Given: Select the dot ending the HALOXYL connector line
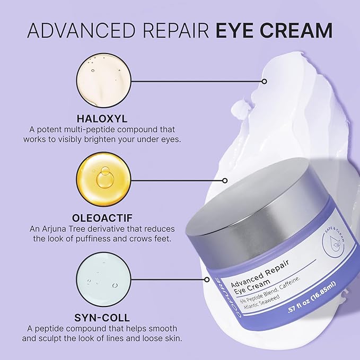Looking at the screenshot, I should click(264, 82).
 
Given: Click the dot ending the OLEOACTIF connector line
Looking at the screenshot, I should click(226, 180).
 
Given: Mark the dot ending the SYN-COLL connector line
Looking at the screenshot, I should click(205, 279).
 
